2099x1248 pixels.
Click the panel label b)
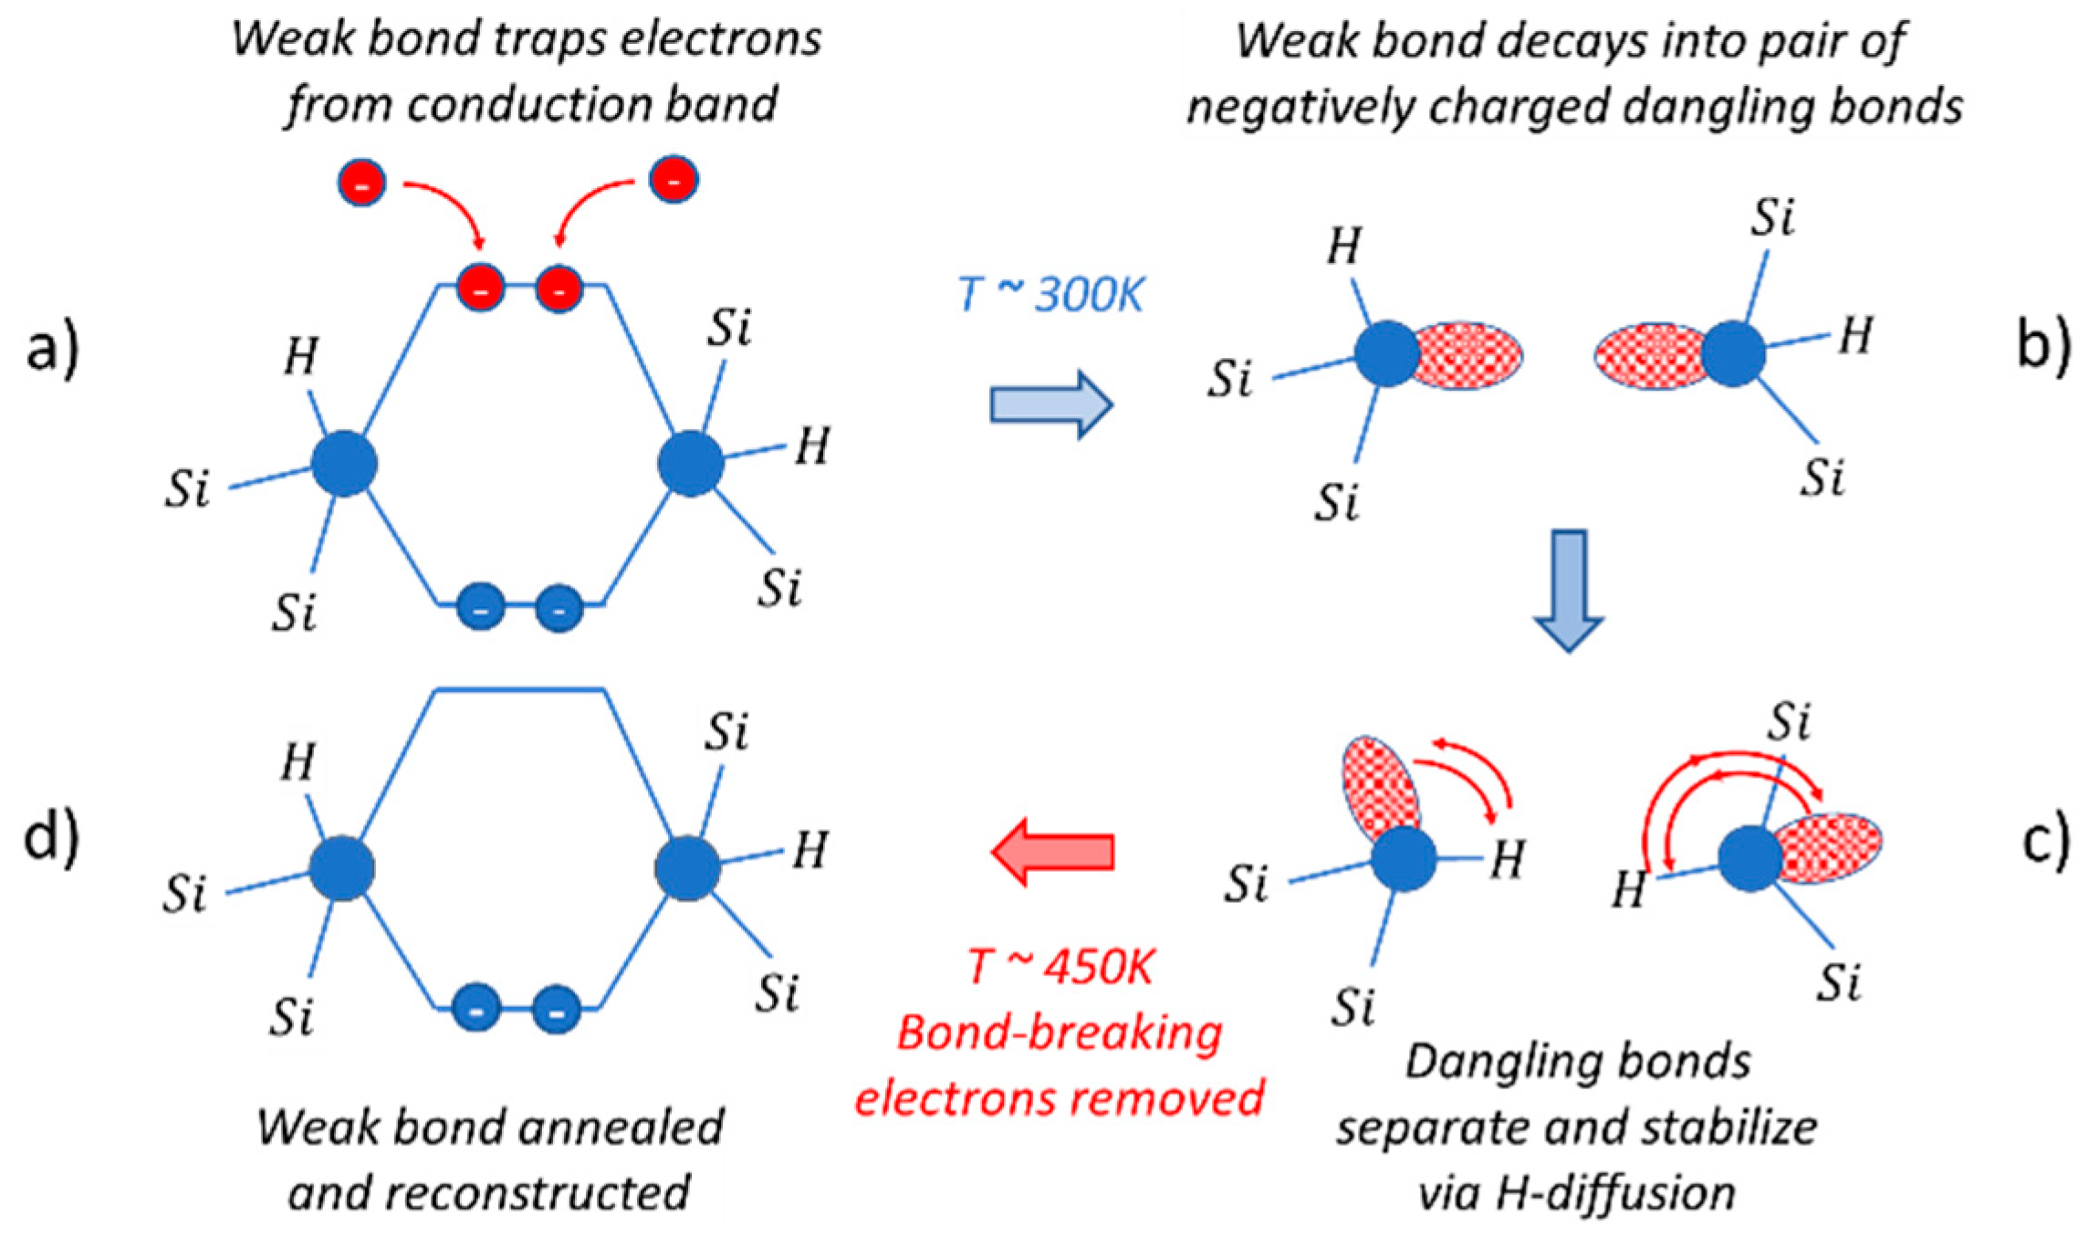click(2042, 344)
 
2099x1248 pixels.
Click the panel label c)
click(2045, 841)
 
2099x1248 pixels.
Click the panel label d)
click(51, 837)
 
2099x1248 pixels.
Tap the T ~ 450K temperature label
click(1060, 967)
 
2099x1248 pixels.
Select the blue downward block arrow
click(1568, 590)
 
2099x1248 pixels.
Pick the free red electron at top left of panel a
click(362, 183)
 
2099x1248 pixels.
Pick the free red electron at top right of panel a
click(674, 180)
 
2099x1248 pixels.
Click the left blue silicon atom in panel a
click(344, 465)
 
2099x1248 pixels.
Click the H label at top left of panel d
click(298, 762)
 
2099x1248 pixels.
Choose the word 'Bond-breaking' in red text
click(1060, 1033)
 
